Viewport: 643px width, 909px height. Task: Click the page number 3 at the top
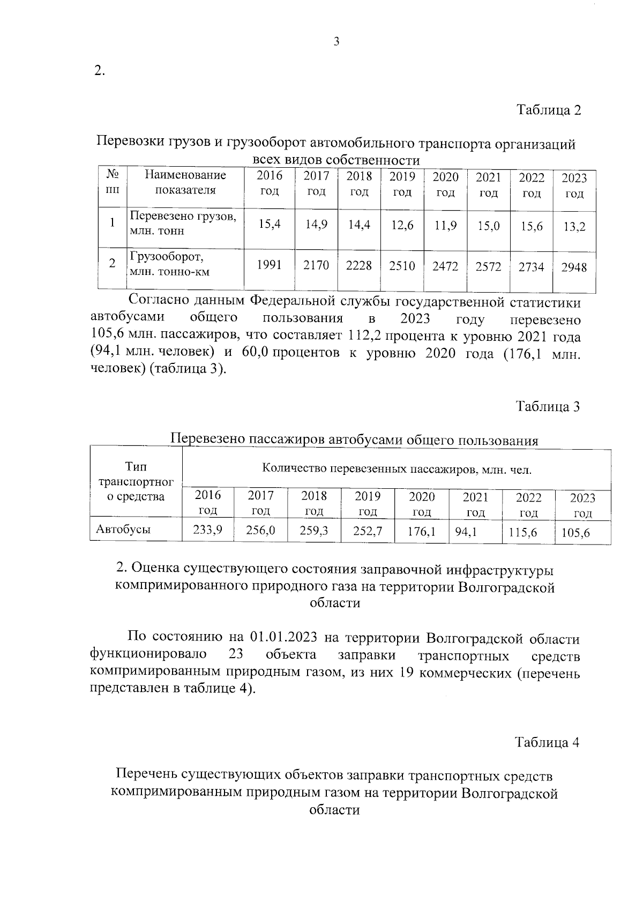click(337, 42)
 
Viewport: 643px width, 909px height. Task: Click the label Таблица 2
click(548, 110)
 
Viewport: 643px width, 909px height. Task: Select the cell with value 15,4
click(269, 225)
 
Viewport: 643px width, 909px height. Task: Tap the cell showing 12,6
click(402, 226)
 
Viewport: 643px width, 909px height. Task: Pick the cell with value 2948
click(574, 266)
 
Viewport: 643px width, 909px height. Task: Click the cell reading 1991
click(269, 264)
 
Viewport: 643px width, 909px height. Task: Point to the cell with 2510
click(402, 265)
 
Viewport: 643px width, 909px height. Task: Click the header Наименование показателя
click(185, 182)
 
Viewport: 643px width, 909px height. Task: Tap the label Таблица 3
click(548, 406)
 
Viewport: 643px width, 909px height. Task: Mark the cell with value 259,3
click(314, 531)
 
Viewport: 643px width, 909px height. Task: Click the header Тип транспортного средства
click(136, 481)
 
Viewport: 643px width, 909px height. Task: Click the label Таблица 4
click(547, 742)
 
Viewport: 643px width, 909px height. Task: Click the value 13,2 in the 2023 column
click(574, 226)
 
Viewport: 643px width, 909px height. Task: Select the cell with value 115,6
click(523, 532)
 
